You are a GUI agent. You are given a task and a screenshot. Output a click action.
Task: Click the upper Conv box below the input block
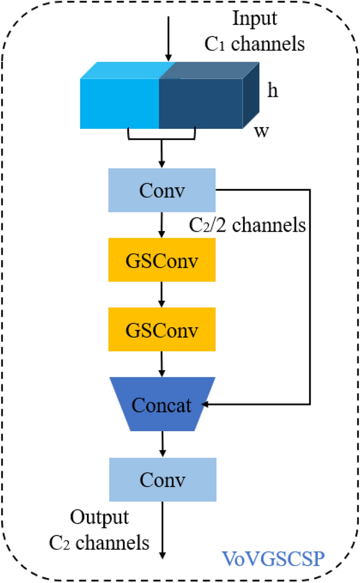[x=162, y=190]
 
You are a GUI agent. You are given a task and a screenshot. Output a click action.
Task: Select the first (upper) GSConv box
[x=162, y=260]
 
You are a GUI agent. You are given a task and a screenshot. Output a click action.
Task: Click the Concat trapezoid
[x=162, y=405]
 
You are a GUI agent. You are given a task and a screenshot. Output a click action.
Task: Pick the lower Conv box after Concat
[x=162, y=479]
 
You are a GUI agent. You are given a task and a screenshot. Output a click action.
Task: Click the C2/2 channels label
[x=246, y=224]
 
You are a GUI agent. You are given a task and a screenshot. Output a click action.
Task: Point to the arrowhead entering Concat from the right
[x=206, y=405]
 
